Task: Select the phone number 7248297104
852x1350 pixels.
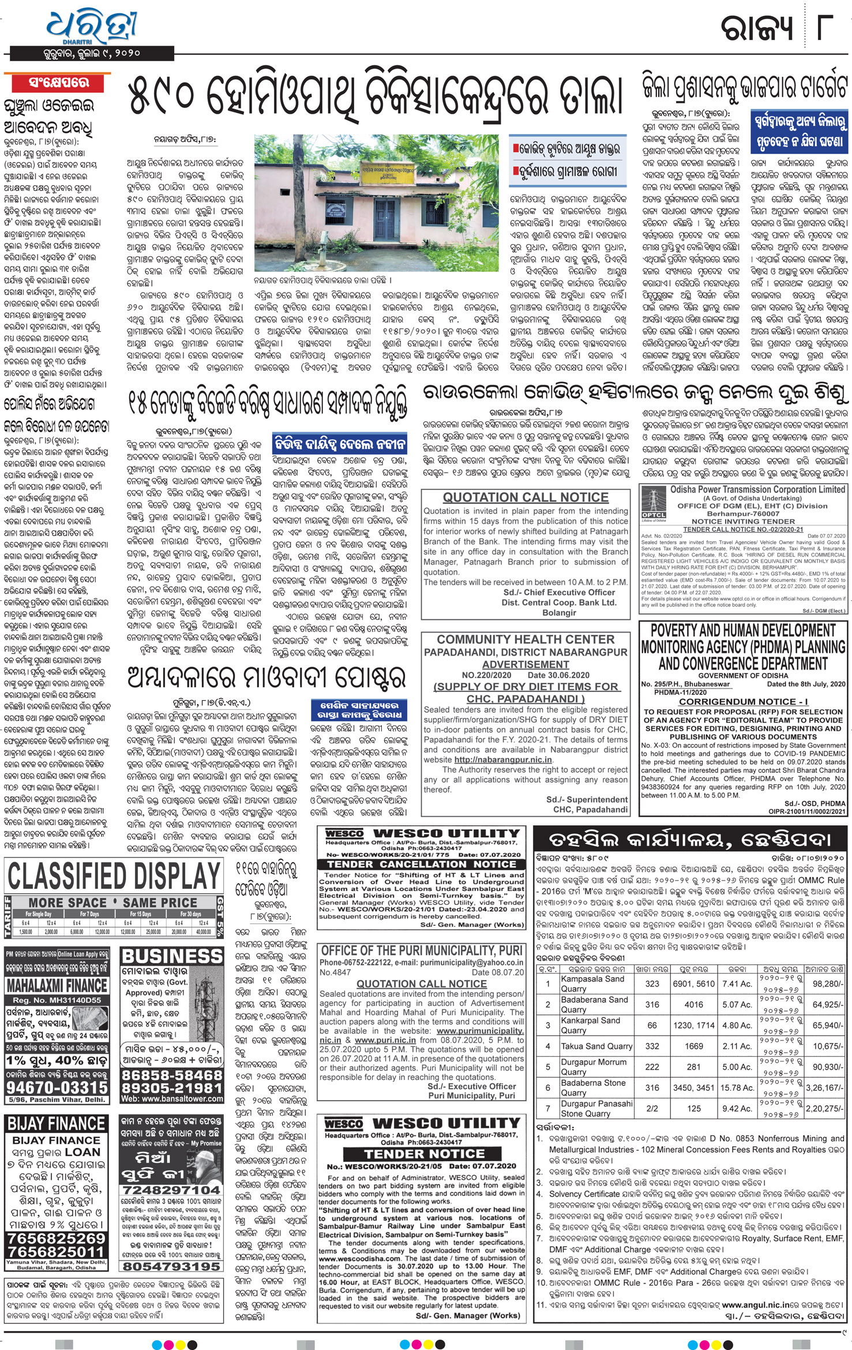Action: coord(171,1190)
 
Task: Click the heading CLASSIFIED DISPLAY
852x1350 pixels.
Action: coord(114,877)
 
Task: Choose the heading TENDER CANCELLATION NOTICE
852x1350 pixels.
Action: coord(422,864)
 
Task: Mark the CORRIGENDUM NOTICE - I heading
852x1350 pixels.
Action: coord(743,701)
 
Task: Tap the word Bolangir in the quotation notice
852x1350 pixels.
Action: coord(559,612)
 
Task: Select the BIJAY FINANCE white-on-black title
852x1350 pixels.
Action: coord(56,1123)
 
